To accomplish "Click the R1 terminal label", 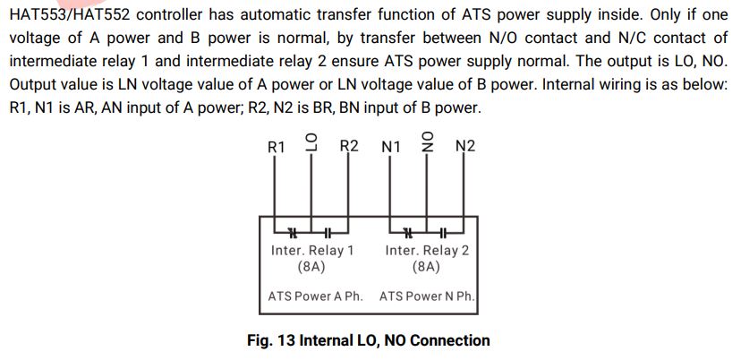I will (x=277, y=146).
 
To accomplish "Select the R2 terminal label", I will (x=349, y=146).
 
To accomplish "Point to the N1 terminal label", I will (x=390, y=146).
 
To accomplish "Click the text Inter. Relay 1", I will (x=311, y=251).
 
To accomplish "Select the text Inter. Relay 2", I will (x=427, y=251).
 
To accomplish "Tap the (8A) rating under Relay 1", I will (x=311, y=267).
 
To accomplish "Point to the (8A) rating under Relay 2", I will (x=427, y=267).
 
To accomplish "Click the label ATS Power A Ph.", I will (x=315, y=296).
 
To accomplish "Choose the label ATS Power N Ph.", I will (x=427, y=296).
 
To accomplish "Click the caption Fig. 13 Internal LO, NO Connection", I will (x=369, y=340).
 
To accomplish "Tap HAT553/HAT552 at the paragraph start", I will (x=69, y=15).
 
